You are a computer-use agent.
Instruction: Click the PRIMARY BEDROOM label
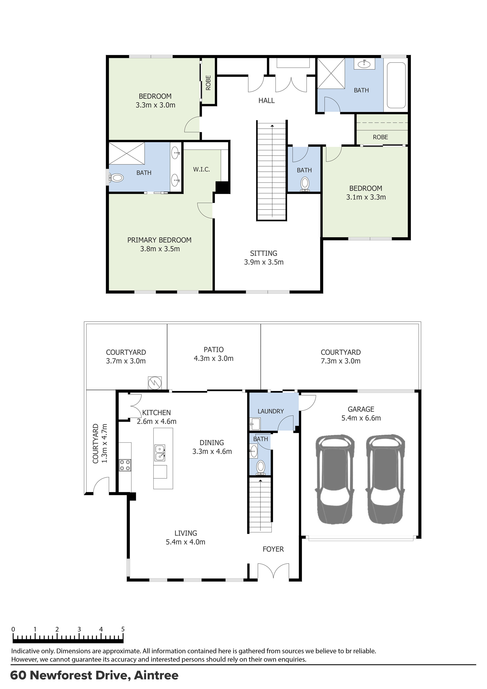point(159,240)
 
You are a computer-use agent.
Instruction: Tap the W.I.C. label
point(201,170)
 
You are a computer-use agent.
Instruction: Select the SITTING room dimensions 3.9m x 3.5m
point(264,262)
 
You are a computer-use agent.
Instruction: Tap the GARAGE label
point(361,409)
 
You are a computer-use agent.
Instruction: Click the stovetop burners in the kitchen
point(125,465)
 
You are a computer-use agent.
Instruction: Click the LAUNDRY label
point(270,411)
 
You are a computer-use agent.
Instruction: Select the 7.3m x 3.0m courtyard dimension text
point(340,361)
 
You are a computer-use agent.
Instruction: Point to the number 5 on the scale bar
point(123,629)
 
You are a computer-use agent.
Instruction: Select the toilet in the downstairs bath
point(260,467)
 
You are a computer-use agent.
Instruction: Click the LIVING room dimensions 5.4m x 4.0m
point(185,542)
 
